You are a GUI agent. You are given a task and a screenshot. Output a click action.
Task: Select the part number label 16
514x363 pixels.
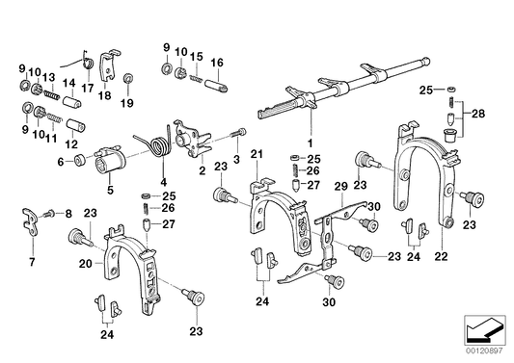[x=218, y=63]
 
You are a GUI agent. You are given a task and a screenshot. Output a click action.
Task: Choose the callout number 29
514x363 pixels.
[x=338, y=185]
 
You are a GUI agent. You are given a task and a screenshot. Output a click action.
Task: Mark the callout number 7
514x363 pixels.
[x=29, y=261]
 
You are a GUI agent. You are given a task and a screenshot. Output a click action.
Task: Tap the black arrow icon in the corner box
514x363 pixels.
[x=484, y=333]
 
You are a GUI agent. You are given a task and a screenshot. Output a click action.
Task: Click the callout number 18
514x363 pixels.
[x=104, y=96]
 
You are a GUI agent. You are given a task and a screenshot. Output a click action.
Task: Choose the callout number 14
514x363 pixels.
[x=68, y=84]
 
